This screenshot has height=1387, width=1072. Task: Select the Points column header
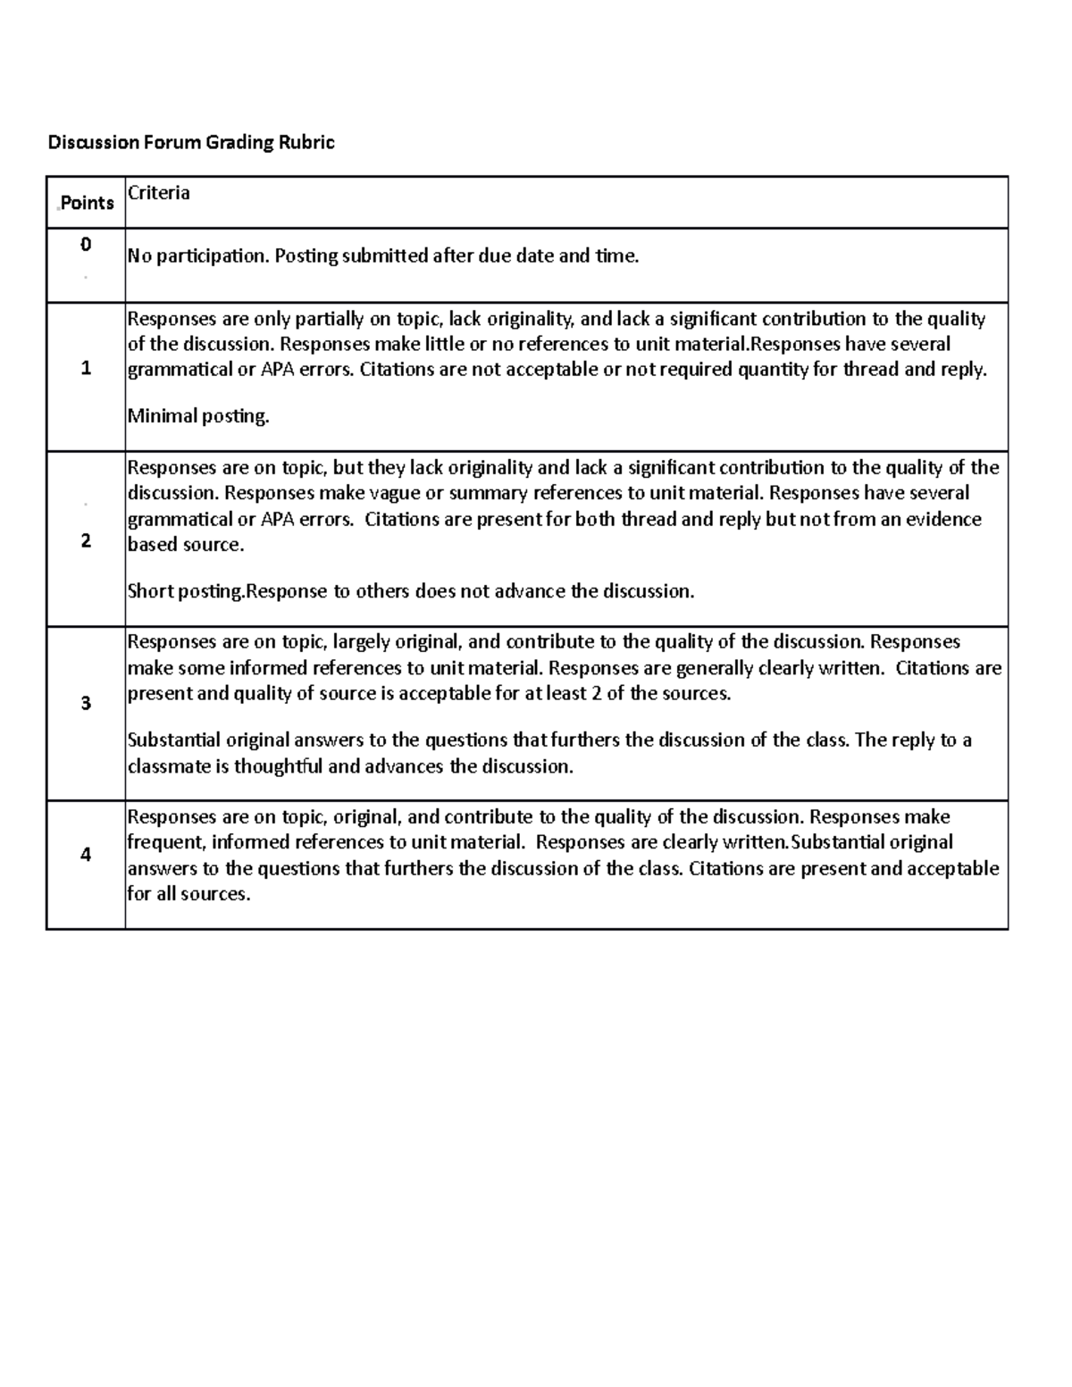point(87,204)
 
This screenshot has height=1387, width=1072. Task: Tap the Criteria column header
point(159,193)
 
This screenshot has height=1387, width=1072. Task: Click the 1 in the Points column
point(86,368)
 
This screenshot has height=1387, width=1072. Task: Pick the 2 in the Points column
point(86,541)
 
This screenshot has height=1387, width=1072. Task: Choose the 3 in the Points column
point(86,704)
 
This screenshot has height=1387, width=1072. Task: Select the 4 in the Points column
point(86,855)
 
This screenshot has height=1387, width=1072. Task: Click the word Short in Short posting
point(151,591)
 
